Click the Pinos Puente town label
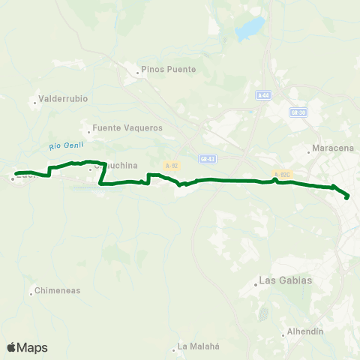tap(172, 70)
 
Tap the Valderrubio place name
tap(64, 97)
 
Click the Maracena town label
tap(332, 148)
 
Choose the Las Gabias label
tap(285, 280)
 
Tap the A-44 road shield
tap(262, 95)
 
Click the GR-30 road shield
tap(298, 112)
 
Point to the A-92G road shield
tap(282, 174)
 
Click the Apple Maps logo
tap(27, 347)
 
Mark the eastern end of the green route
tap(347, 197)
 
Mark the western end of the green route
tap(16, 174)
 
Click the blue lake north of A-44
tap(250, 29)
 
